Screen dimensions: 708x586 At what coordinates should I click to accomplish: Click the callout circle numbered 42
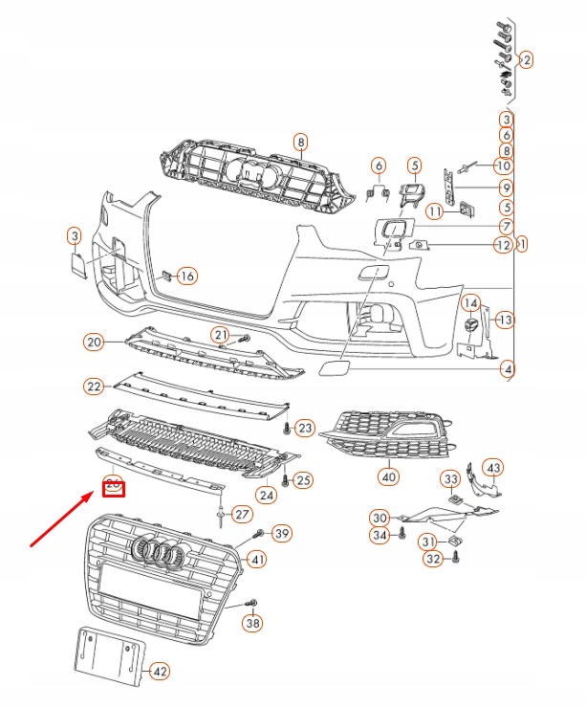tap(160, 671)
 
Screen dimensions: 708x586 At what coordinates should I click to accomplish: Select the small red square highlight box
tap(115, 488)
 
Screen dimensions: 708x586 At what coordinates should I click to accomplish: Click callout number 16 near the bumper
tap(185, 277)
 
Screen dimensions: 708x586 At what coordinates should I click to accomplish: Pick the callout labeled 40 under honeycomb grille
tap(388, 476)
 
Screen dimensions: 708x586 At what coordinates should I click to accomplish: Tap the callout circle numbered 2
tap(525, 59)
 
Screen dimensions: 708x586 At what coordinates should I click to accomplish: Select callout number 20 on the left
tap(93, 342)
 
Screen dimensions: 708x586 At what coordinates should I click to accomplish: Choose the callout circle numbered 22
tap(93, 387)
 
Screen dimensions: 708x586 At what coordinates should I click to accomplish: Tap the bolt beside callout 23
tap(288, 426)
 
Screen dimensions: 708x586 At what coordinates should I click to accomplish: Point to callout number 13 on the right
tap(506, 320)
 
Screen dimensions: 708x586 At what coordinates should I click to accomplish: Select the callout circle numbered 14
tap(470, 304)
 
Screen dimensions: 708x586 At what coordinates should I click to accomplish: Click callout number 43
tap(492, 468)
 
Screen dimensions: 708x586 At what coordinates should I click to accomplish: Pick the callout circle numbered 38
tap(252, 625)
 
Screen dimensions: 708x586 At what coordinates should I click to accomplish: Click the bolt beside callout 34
tap(402, 535)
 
